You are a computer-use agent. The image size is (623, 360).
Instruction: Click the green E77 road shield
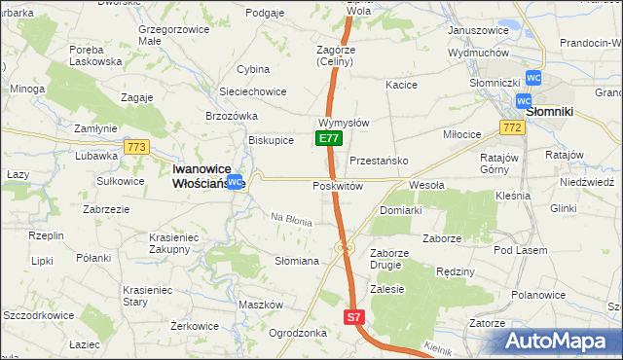328,139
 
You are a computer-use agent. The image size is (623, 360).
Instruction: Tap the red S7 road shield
355,317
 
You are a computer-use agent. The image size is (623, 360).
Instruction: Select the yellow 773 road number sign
136,147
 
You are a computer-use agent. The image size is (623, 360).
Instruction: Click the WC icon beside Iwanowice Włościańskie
235,181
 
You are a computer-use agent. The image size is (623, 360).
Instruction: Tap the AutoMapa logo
559,342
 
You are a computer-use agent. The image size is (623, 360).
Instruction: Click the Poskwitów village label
338,186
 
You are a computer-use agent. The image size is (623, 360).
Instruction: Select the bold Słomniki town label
554,112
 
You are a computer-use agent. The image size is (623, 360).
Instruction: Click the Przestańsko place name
378,161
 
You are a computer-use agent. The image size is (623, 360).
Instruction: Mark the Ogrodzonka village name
297,333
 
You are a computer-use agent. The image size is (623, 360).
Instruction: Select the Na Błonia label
291,221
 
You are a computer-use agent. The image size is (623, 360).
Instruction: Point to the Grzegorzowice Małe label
176,36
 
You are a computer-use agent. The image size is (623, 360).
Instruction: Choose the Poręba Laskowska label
95,54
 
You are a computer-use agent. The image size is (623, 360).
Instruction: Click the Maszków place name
260,305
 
